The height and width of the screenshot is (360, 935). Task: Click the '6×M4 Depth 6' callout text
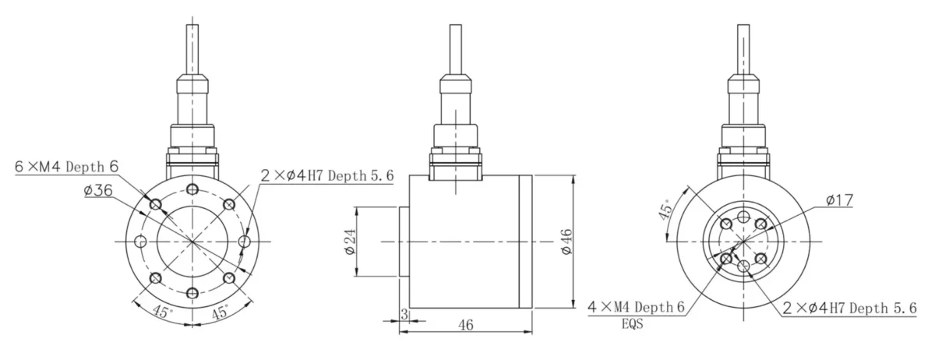67,167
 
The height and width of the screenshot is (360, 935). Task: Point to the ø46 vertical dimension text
566,242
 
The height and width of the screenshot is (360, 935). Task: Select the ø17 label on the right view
838,200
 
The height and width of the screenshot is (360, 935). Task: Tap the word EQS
633,325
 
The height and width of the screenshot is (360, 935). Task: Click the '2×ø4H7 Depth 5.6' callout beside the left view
327,176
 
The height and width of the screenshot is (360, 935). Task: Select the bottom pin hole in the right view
745,267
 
